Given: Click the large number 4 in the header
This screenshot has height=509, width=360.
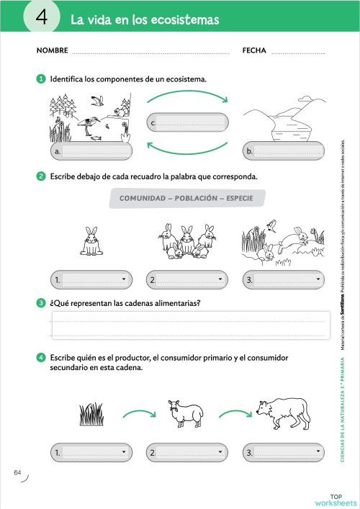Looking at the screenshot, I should (x=42, y=18).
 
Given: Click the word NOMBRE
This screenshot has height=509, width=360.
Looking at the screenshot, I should (x=52, y=51).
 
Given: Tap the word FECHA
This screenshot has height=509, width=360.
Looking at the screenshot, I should (x=254, y=51).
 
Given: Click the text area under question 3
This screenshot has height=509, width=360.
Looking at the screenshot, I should (x=189, y=325).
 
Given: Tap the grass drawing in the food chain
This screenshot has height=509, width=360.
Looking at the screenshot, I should (x=91, y=415).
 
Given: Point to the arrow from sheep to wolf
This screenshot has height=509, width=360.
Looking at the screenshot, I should (x=233, y=413).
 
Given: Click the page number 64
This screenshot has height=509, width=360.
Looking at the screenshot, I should (x=18, y=472).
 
